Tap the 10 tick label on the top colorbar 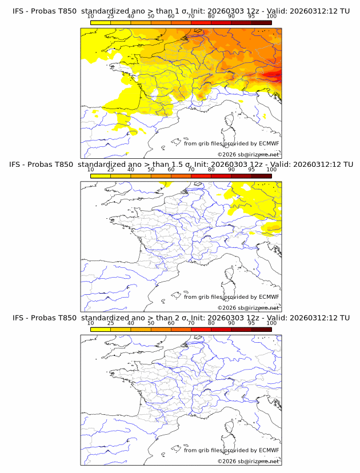tap(90, 17)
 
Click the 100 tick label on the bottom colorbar tap(271, 323)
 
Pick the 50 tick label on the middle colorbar tap(151, 170)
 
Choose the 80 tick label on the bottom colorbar tap(211, 323)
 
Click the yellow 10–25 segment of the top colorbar tap(101, 22)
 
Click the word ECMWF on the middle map tap(269, 297)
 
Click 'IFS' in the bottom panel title tap(18, 318)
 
